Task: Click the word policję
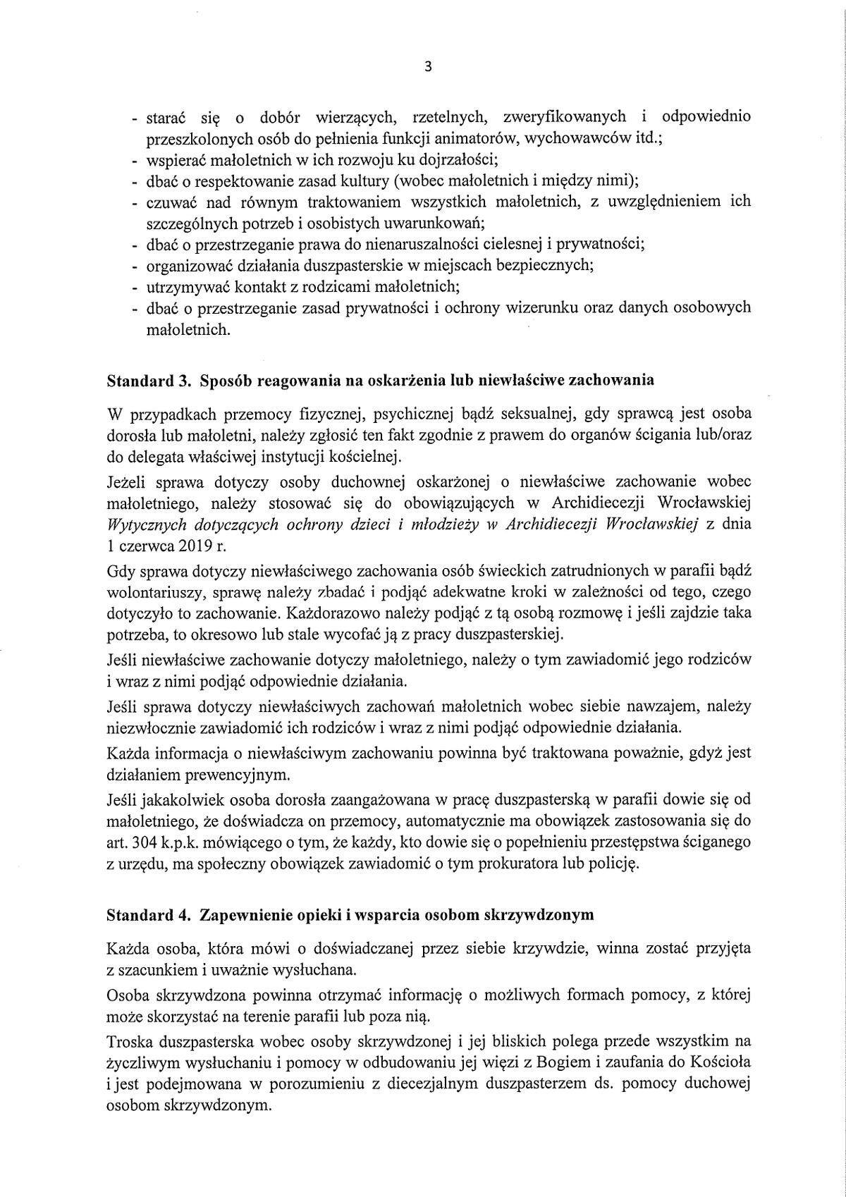point(611,863)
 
